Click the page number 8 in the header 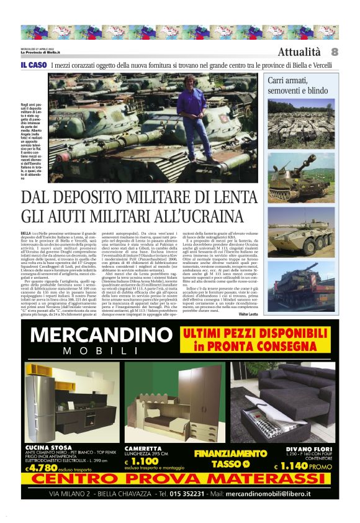334,52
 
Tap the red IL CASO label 34,65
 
